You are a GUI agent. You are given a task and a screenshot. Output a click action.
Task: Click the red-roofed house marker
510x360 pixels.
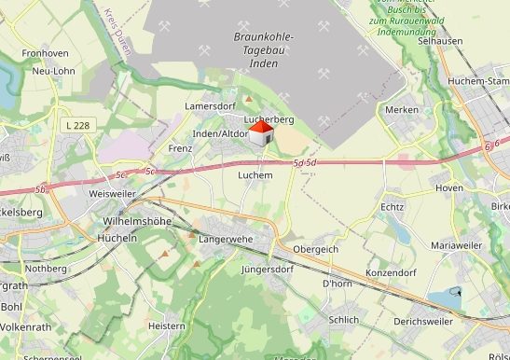[261, 133]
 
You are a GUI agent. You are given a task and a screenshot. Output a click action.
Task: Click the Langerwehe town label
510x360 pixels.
[226, 240]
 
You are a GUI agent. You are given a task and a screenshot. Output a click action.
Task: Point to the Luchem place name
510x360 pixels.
[255, 175]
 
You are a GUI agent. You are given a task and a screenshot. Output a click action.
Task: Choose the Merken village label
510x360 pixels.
[401, 110]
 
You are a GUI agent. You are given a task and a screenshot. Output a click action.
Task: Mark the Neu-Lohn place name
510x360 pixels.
[52, 71]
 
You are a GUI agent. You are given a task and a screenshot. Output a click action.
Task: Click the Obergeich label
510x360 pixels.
[315, 250]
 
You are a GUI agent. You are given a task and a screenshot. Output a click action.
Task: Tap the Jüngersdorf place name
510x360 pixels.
[267, 270]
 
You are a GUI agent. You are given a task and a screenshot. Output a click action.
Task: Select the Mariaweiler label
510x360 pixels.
[455, 244]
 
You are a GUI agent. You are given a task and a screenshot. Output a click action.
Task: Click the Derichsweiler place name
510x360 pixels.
[422, 322]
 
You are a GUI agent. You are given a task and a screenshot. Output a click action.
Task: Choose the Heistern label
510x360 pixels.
[168, 326]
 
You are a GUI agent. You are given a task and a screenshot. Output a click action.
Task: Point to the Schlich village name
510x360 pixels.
[344, 319]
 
